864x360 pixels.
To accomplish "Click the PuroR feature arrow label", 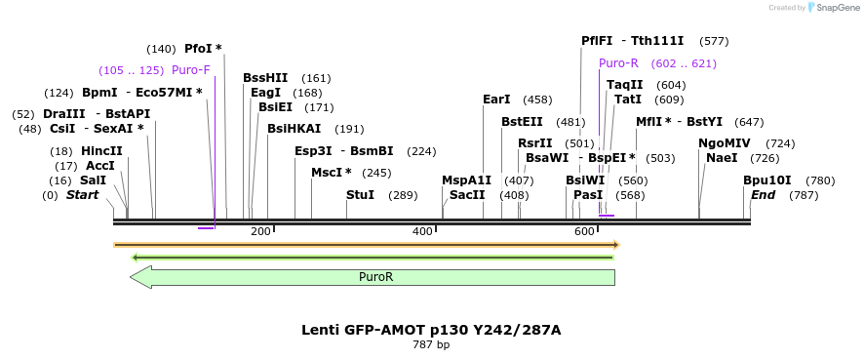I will pos(375,277).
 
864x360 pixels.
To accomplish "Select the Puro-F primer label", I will pos(191,70).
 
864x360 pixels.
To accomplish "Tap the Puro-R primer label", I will pos(618,63).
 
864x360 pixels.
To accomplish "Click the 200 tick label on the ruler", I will pos(260,232).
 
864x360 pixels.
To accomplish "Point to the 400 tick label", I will pos(422,232).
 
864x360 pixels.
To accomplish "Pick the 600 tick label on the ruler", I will pos(584,232).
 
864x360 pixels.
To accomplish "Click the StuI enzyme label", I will pos(360,195).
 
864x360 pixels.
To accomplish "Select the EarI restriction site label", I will pos(496,100).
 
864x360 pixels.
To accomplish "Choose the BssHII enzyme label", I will pos(265,78).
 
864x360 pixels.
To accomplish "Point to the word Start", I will pos(82,195).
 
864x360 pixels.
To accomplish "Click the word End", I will pos(763,195).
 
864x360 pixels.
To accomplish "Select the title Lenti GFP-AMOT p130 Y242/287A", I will pos(431,330).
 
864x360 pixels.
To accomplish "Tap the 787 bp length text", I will pos(431,344).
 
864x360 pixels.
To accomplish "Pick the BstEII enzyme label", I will pos(522,122).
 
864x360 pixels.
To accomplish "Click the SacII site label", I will pos(467,195).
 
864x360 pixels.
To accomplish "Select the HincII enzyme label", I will pos(101,151).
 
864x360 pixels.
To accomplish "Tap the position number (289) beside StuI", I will pos(403,195).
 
